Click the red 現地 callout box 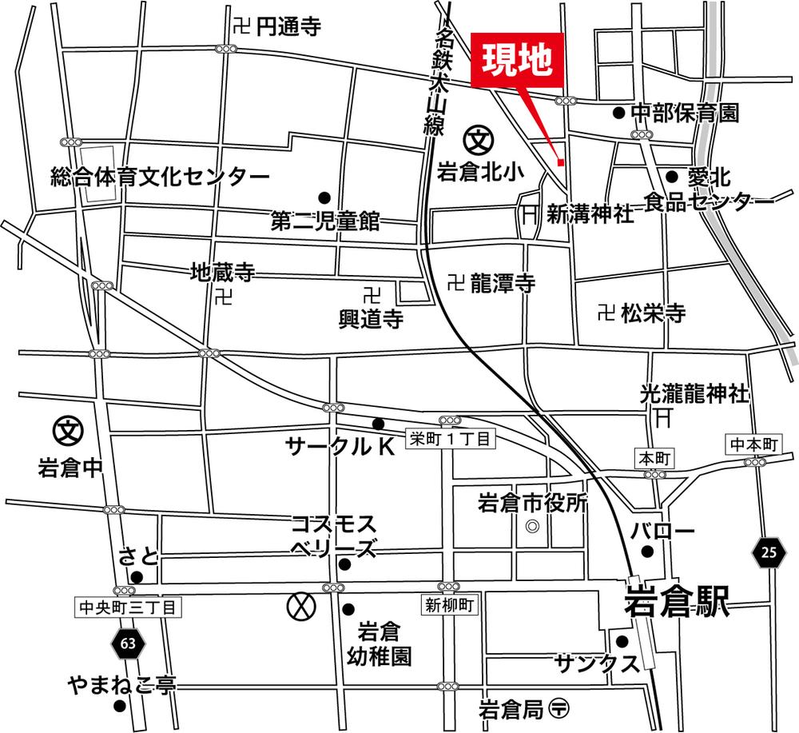[x=517, y=59]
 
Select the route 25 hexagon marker [x=768, y=551]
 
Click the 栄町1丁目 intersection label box [x=451, y=438]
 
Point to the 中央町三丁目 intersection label [x=129, y=608]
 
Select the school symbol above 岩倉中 [x=67, y=431]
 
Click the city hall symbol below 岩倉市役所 [x=532, y=528]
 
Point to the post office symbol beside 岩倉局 [x=561, y=707]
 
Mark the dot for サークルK [x=378, y=424]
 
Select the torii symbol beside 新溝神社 [x=530, y=213]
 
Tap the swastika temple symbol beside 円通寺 [x=243, y=26]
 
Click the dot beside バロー [x=648, y=551]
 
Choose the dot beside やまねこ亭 [x=119, y=706]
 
